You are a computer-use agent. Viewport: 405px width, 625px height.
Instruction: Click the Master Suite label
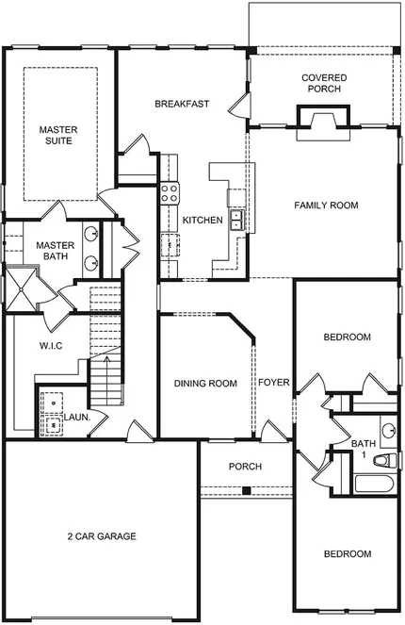pyautogui.click(x=58, y=135)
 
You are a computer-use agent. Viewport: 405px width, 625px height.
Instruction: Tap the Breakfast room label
pyautogui.click(x=182, y=104)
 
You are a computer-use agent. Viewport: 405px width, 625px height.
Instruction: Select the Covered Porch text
pyautogui.click(x=324, y=83)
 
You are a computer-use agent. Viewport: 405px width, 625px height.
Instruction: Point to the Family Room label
pyautogui.click(x=326, y=206)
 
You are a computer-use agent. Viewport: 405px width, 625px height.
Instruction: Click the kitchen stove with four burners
pyautogui.click(x=170, y=193)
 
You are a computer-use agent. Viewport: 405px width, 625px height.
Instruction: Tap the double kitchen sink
pyautogui.click(x=237, y=220)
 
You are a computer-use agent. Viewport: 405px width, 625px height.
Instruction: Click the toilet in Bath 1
pyautogui.click(x=385, y=461)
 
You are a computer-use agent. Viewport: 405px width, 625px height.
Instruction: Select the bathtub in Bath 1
pyautogui.click(x=374, y=485)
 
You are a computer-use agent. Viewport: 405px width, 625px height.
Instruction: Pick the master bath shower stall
pyautogui.click(x=21, y=288)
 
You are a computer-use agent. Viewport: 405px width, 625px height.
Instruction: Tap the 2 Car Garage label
pyautogui.click(x=102, y=536)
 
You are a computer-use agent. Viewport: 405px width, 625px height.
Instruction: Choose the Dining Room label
pyautogui.click(x=205, y=384)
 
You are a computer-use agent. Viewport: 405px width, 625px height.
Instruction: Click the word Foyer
pyautogui.click(x=273, y=383)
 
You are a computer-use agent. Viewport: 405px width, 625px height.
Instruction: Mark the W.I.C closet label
pyautogui.click(x=51, y=346)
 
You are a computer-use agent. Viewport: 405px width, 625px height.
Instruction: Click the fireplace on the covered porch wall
pyautogui.click(x=323, y=123)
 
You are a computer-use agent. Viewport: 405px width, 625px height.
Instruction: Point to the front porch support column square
pyautogui.click(x=247, y=491)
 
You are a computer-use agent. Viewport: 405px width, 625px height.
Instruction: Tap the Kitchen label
pyautogui.click(x=202, y=220)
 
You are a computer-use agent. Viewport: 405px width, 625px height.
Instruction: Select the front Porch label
pyautogui.click(x=245, y=467)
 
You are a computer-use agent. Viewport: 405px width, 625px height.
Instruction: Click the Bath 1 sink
pyautogui.click(x=388, y=431)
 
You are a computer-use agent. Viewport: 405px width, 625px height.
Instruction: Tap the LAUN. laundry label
pyautogui.click(x=77, y=418)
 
